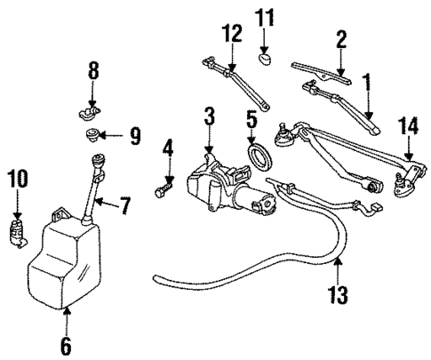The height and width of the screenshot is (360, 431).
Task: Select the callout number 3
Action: [x=209, y=116]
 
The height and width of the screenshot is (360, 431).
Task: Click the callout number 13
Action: [x=339, y=292]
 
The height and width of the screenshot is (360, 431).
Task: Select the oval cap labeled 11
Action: [x=264, y=60]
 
